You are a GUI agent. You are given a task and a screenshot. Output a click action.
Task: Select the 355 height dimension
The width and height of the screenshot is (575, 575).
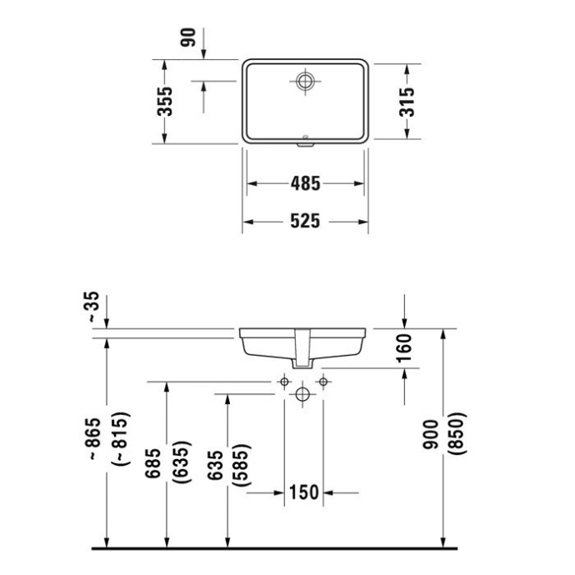[x=166, y=101]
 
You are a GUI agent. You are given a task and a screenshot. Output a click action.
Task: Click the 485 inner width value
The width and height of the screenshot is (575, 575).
[x=305, y=182]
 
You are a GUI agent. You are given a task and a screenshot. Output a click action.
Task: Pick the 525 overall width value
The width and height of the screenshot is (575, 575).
[x=305, y=222]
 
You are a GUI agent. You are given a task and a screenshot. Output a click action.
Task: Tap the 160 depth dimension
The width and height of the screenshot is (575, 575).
[x=405, y=347]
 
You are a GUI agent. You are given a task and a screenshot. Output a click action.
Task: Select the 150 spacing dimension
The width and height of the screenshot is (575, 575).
[x=304, y=492]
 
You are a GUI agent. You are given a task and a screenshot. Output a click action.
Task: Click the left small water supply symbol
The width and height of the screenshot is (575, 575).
[x=283, y=381]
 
